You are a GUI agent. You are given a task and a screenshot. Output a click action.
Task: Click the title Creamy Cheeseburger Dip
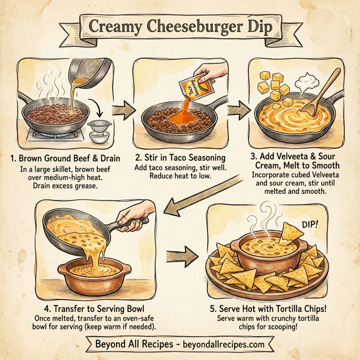(180, 28)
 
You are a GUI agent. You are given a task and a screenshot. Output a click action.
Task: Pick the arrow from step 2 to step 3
(238, 110)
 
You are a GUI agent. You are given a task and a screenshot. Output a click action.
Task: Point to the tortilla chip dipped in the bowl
(291, 230)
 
